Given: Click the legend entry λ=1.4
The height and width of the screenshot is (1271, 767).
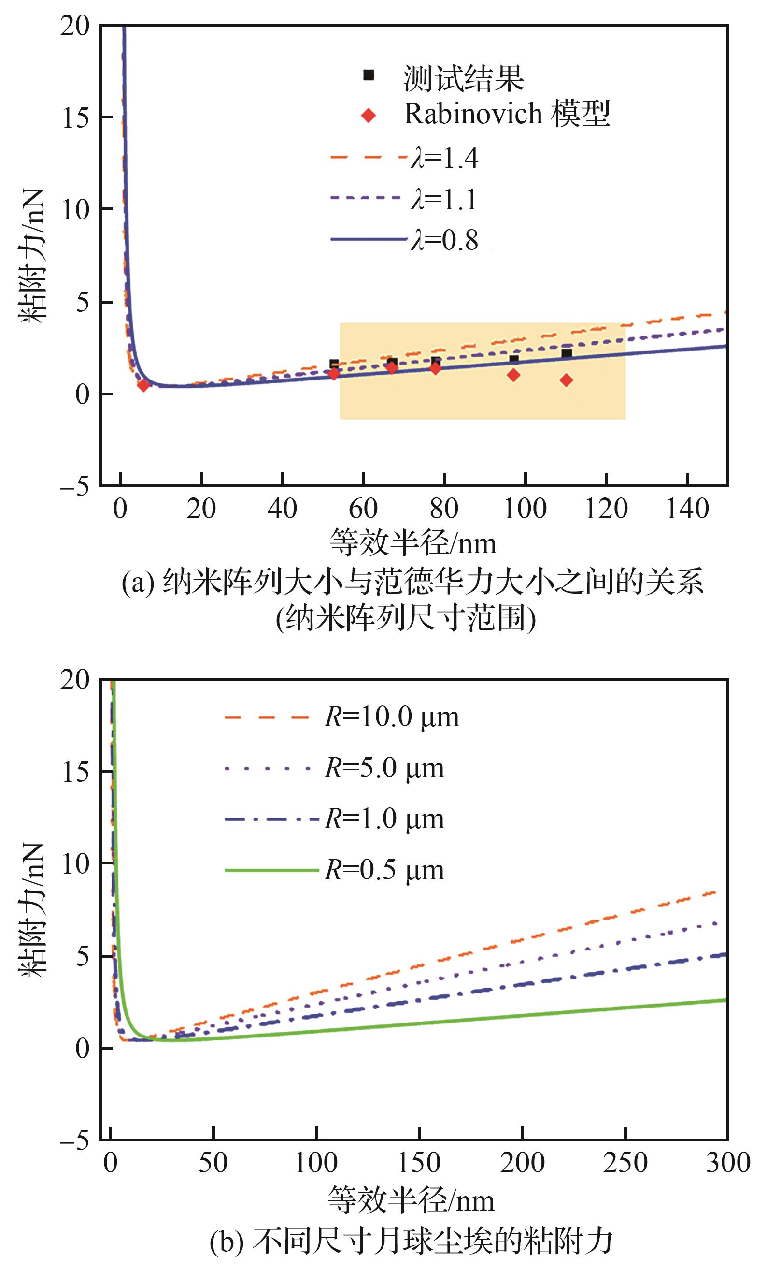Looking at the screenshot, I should [x=445, y=157].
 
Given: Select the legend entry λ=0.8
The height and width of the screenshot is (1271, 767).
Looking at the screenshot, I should [x=445, y=240].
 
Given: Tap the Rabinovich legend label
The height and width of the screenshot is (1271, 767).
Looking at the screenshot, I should [x=506, y=114].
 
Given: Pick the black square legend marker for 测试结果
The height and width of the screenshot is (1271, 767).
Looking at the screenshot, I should [x=369, y=75].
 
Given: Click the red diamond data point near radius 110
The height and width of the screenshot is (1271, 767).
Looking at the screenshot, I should [x=567, y=380].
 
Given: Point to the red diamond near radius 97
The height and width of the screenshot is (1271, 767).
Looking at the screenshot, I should [x=513, y=375].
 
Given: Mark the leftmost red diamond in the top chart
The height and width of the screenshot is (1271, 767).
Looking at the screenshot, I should [x=143, y=385].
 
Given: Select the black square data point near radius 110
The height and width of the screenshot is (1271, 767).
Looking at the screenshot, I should [x=567, y=353].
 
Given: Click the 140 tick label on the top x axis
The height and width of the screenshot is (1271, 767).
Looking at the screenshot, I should [x=688, y=509].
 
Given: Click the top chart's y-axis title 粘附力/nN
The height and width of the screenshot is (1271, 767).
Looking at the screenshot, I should [x=32, y=256].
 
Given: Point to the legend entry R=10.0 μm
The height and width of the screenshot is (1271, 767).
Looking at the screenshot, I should [x=391, y=716].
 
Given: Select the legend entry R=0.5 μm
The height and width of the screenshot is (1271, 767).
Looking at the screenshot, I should [x=384, y=870].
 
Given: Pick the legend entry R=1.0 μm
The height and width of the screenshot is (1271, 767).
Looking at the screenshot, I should [x=384, y=818].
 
